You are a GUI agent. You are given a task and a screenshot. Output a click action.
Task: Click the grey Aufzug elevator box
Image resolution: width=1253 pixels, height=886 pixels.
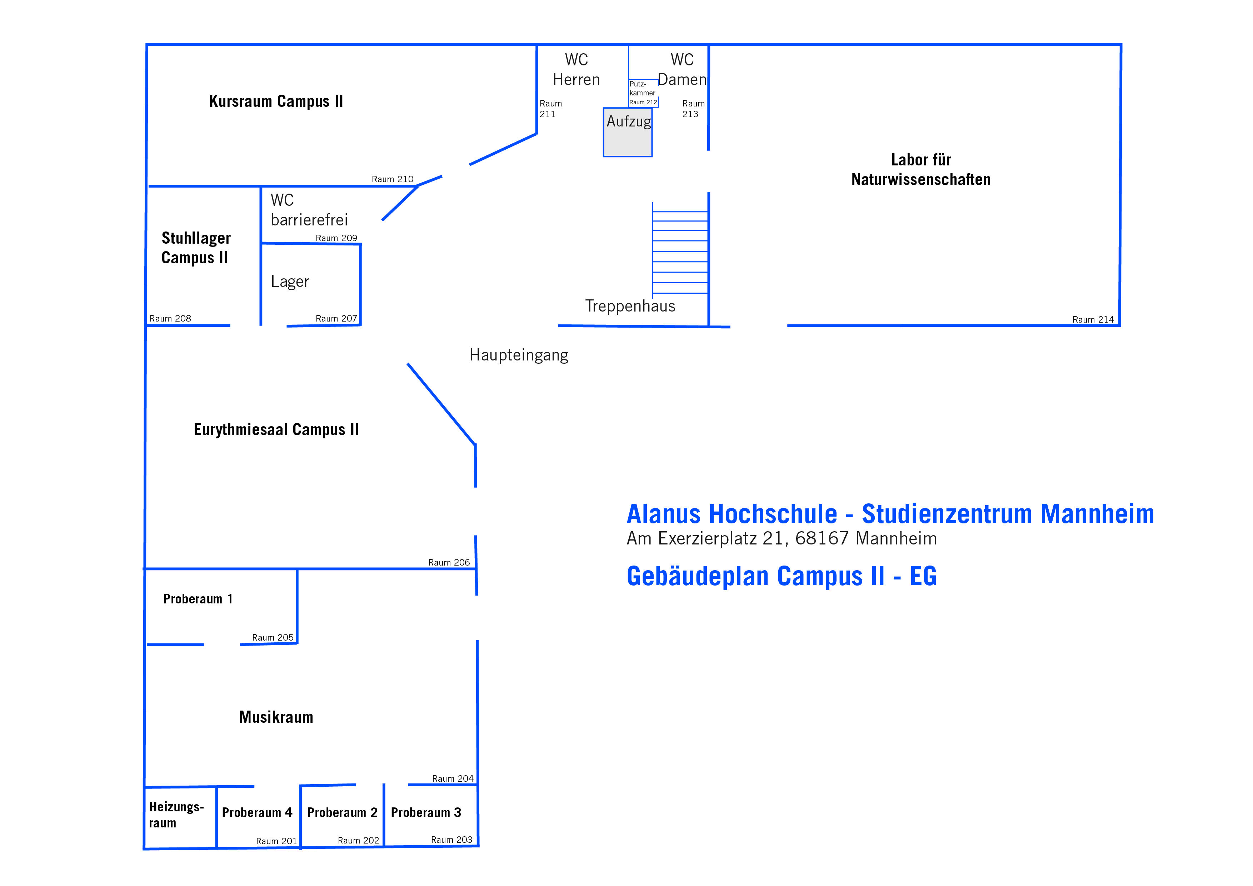point(628,132)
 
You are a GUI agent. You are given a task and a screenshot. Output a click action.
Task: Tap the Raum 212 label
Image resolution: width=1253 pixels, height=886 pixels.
point(643,102)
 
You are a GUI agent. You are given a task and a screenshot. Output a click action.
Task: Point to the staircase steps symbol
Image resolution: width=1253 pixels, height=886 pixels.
point(680,250)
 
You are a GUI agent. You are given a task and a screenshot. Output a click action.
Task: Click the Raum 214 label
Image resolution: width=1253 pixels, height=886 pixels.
point(1093,319)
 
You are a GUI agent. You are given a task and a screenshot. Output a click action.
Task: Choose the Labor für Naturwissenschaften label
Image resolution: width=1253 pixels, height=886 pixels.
point(921,169)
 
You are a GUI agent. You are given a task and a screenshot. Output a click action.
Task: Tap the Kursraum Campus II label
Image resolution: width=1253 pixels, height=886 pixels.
point(276,101)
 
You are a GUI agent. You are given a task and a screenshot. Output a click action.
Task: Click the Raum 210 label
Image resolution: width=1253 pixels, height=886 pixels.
point(393,179)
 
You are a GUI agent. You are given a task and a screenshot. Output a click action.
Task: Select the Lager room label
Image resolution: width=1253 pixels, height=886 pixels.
point(290,282)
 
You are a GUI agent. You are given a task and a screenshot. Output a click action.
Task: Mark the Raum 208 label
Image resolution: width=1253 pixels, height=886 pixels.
point(170,318)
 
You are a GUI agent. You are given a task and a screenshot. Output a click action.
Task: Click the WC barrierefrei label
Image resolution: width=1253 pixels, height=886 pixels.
point(309,210)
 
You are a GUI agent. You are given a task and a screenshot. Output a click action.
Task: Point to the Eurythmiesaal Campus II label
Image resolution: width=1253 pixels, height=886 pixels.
point(276,430)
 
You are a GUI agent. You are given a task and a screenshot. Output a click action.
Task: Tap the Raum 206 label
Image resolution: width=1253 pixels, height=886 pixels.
point(449,562)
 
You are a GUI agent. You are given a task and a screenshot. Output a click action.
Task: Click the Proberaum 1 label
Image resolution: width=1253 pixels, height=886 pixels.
point(198,599)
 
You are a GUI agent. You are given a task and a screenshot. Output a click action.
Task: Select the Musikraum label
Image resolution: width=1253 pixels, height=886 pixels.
point(276,717)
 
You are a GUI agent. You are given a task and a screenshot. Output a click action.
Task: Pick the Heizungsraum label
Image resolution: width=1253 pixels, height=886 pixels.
point(176,815)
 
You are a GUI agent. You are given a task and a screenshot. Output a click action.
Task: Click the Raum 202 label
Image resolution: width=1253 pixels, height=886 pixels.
point(358,840)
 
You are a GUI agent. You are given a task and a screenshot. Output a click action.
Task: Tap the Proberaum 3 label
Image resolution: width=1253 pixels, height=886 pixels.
point(426,812)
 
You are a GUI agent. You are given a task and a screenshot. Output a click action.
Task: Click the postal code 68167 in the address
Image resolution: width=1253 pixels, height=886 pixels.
point(822,538)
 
